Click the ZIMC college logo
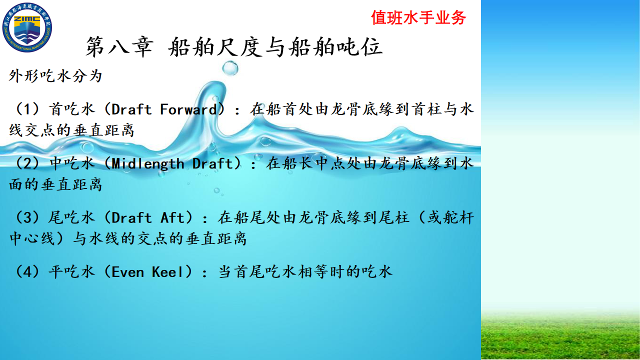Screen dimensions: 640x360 27,27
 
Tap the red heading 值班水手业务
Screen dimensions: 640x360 418,17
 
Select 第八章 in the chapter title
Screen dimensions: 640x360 119,47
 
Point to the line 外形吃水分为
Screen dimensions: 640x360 55,76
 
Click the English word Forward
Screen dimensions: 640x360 188,109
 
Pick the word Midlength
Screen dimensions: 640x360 147,163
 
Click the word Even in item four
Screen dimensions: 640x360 127,271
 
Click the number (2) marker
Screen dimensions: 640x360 27,163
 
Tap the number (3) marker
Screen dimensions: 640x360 27,217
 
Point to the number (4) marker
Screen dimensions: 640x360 27,271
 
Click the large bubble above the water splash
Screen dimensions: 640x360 230,68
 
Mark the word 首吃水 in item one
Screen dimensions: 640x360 71,109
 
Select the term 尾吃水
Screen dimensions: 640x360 71,217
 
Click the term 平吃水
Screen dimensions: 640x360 71,271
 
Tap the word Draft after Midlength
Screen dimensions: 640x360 213,163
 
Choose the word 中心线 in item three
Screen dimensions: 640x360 31,238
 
